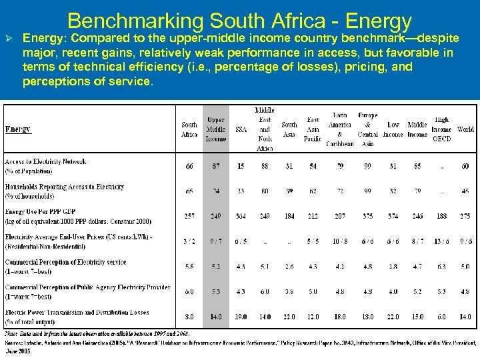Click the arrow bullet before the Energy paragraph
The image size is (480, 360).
pos(9,38)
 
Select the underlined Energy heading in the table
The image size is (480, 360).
pos(17,129)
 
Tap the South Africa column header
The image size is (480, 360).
pos(189,129)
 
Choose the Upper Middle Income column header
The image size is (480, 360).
pos(215,129)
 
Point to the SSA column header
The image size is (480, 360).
pos(240,129)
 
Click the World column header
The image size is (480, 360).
pos(465,129)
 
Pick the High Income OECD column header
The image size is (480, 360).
pos(441,129)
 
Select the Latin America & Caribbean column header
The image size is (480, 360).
pos(340,129)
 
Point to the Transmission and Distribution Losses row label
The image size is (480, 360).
pos(77,312)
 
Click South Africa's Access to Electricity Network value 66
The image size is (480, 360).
pos(189,166)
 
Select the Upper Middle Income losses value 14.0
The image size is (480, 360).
pos(215,317)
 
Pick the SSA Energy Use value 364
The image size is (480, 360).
pos(240,216)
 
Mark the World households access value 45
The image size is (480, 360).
pos(465,191)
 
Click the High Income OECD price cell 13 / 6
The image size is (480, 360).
pos(441,241)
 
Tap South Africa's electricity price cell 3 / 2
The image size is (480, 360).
pos(189,241)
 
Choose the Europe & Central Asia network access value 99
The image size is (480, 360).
pos(368,166)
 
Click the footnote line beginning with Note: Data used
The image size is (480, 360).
pos(97,333)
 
